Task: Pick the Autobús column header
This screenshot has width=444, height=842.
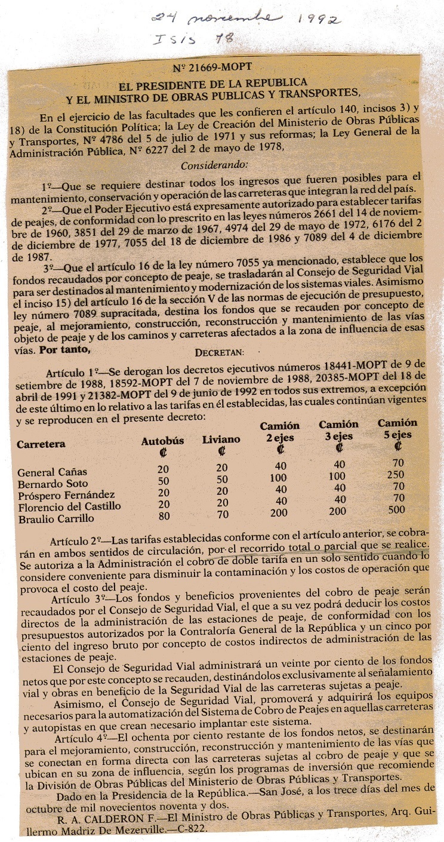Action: click(x=162, y=441)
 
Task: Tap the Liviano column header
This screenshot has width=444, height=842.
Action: click(x=221, y=440)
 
